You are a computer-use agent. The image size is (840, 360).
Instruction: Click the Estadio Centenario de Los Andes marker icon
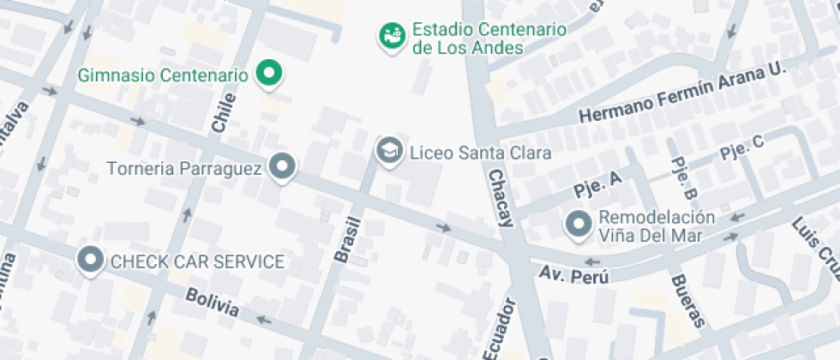tap(393, 35)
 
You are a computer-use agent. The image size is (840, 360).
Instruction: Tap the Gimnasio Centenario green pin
tap(270, 74)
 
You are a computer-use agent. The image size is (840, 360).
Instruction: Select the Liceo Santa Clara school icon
tap(390, 151)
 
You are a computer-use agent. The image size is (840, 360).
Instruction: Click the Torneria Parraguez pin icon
tap(282, 166)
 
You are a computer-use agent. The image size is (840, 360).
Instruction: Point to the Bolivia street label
tap(211, 303)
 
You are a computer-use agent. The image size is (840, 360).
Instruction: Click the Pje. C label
tap(741, 147)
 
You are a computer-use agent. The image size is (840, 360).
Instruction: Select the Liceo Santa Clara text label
tap(480, 153)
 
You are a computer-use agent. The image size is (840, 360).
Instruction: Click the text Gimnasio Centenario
tap(163, 75)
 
